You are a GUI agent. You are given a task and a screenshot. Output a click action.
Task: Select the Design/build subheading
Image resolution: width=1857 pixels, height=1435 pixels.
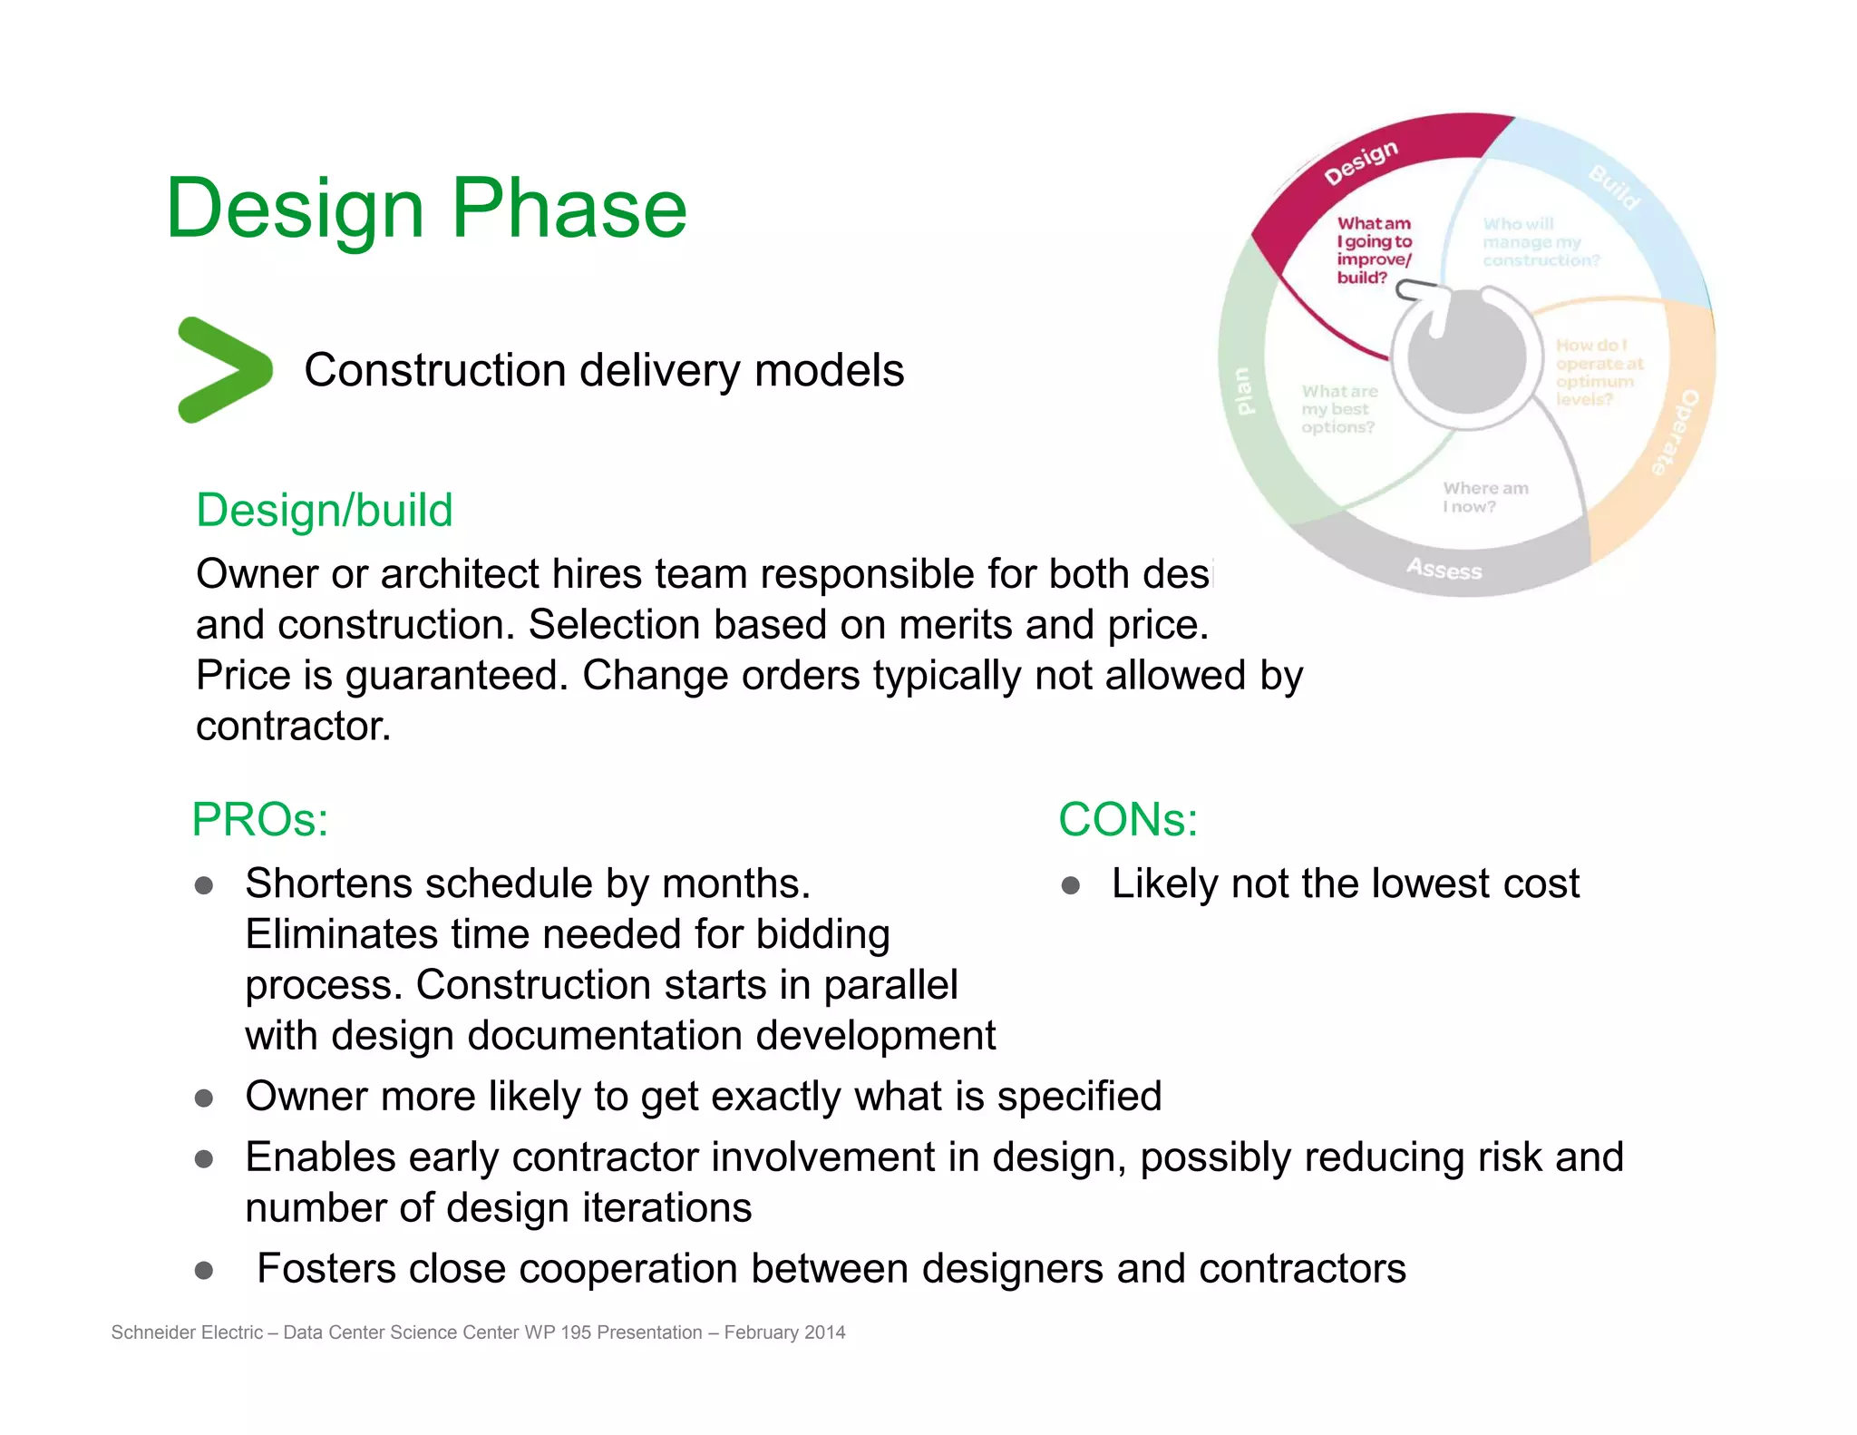click(324, 510)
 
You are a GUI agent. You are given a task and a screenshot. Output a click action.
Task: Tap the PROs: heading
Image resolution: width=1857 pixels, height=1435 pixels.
click(259, 820)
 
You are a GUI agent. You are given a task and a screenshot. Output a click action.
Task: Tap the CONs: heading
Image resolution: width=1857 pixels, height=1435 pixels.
click(1128, 820)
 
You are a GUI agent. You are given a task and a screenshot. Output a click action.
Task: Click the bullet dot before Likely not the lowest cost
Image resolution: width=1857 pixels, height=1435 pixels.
click(1070, 885)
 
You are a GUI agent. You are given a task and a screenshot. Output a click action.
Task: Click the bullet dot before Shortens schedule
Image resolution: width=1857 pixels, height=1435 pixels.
click(204, 885)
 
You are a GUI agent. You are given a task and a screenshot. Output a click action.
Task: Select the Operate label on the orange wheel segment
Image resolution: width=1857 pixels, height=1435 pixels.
click(1674, 434)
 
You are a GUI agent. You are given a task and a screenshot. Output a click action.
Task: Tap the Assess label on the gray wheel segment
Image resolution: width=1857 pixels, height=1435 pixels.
click(1444, 570)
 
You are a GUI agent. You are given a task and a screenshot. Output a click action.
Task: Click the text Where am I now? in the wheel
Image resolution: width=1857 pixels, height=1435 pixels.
click(1484, 497)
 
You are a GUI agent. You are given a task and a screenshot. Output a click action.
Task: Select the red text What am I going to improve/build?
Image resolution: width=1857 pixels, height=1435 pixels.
click(1374, 250)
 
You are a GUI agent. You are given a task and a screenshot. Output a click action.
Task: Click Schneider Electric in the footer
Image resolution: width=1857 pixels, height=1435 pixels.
click(187, 1332)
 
